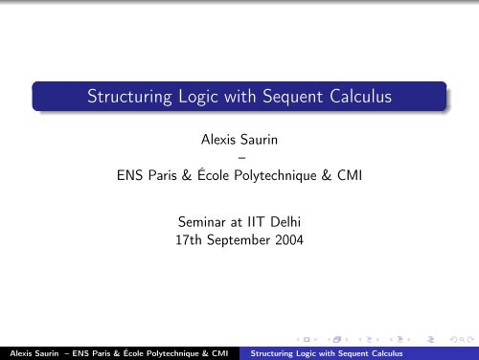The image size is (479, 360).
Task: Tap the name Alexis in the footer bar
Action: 16,352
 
